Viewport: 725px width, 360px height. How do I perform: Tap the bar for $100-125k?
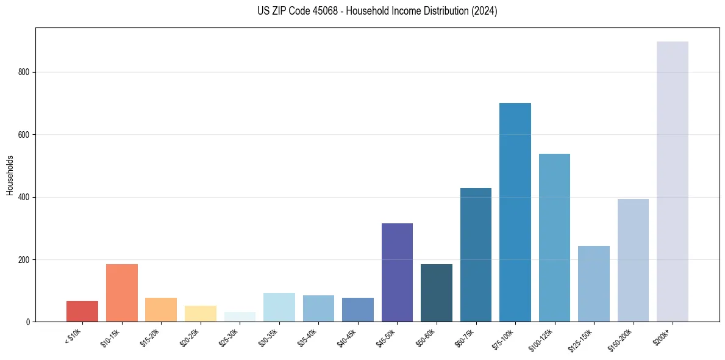(x=554, y=237)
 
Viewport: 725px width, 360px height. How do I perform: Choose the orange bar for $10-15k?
(x=121, y=293)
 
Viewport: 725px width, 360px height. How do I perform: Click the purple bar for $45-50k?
(x=397, y=272)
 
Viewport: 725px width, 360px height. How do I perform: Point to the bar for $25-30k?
(x=240, y=317)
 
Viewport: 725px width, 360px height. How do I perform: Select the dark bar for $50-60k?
(x=436, y=293)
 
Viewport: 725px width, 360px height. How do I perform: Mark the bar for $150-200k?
(x=633, y=260)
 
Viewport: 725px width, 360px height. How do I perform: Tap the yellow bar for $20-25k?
(x=200, y=314)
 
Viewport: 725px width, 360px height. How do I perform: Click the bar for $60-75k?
(x=476, y=254)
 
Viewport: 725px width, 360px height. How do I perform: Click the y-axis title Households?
(x=10, y=175)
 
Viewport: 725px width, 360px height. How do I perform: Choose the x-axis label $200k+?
(x=662, y=335)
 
